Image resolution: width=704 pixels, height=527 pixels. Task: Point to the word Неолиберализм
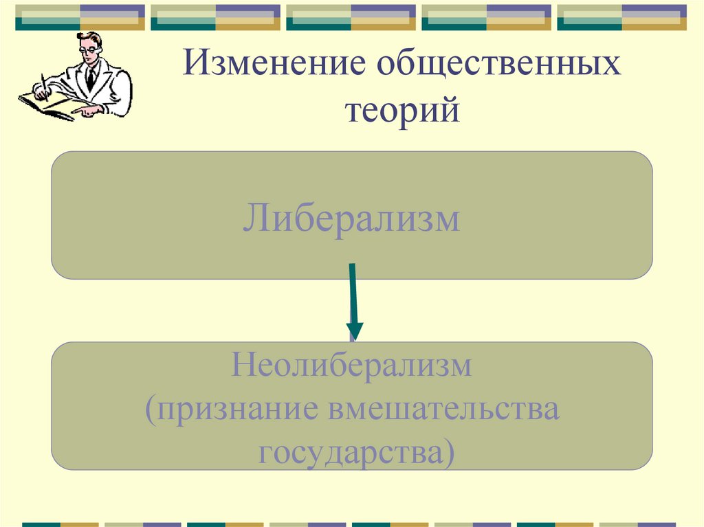[351, 366]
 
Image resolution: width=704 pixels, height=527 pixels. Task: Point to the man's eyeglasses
[87, 49]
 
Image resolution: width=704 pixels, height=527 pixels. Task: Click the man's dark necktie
[90, 77]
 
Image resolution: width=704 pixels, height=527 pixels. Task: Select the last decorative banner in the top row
[621, 17]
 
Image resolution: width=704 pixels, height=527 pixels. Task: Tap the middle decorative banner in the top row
[351, 17]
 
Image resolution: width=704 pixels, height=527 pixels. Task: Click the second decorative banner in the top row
[215, 17]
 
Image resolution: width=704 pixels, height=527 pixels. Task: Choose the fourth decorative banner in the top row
[486, 17]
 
